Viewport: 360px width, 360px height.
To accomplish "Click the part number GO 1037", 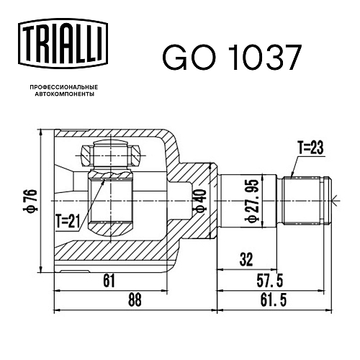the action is [x=231, y=58].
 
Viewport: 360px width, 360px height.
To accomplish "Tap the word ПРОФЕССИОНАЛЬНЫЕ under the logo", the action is [x=64, y=87].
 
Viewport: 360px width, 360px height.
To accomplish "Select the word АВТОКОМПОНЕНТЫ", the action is [x=65, y=94].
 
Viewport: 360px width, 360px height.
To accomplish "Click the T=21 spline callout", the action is [x=67, y=221].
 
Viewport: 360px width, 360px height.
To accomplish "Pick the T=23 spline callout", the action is [x=310, y=147].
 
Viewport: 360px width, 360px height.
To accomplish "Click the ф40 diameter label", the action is [x=201, y=201].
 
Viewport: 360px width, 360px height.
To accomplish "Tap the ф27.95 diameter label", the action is [x=252, y=201].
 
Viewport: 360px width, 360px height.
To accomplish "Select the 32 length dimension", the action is [x=246, y=259].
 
